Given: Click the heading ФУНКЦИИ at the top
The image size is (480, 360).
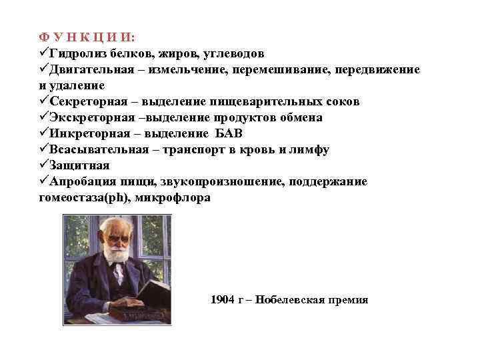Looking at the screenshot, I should click(87, 37).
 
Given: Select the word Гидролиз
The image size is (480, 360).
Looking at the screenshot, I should click(75, 53).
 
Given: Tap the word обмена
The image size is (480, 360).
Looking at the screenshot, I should click(299, 118).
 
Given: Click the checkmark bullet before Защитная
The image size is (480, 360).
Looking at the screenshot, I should click(45, 166).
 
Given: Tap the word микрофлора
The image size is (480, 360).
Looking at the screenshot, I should click(176, 198).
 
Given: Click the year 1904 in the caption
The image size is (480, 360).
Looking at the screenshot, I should click(223, 299).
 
